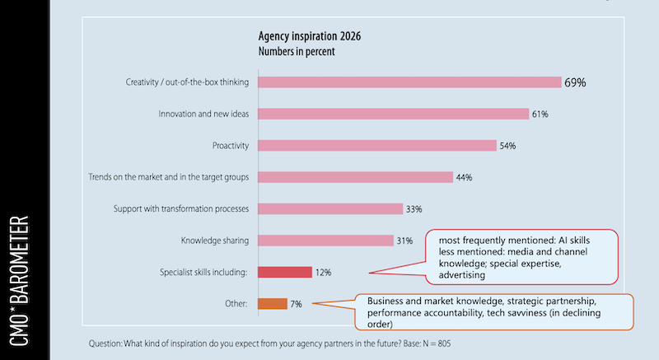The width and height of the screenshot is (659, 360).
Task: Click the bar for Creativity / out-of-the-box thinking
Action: coord(409,82)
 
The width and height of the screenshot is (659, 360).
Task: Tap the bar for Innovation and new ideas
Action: coord(393,114)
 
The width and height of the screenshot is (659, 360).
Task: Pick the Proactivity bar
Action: coord(377,146)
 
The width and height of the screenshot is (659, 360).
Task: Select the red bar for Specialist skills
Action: coord(285,272)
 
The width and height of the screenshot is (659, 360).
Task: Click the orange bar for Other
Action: coord(273,303)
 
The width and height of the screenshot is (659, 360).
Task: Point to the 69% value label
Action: coord(574,82)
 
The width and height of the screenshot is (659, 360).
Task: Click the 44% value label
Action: coord(465,177)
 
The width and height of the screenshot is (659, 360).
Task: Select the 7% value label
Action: coord(296,304)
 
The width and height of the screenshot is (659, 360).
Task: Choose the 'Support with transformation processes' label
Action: coord(181,209)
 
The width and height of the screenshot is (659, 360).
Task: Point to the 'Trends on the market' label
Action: coord(168,177)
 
